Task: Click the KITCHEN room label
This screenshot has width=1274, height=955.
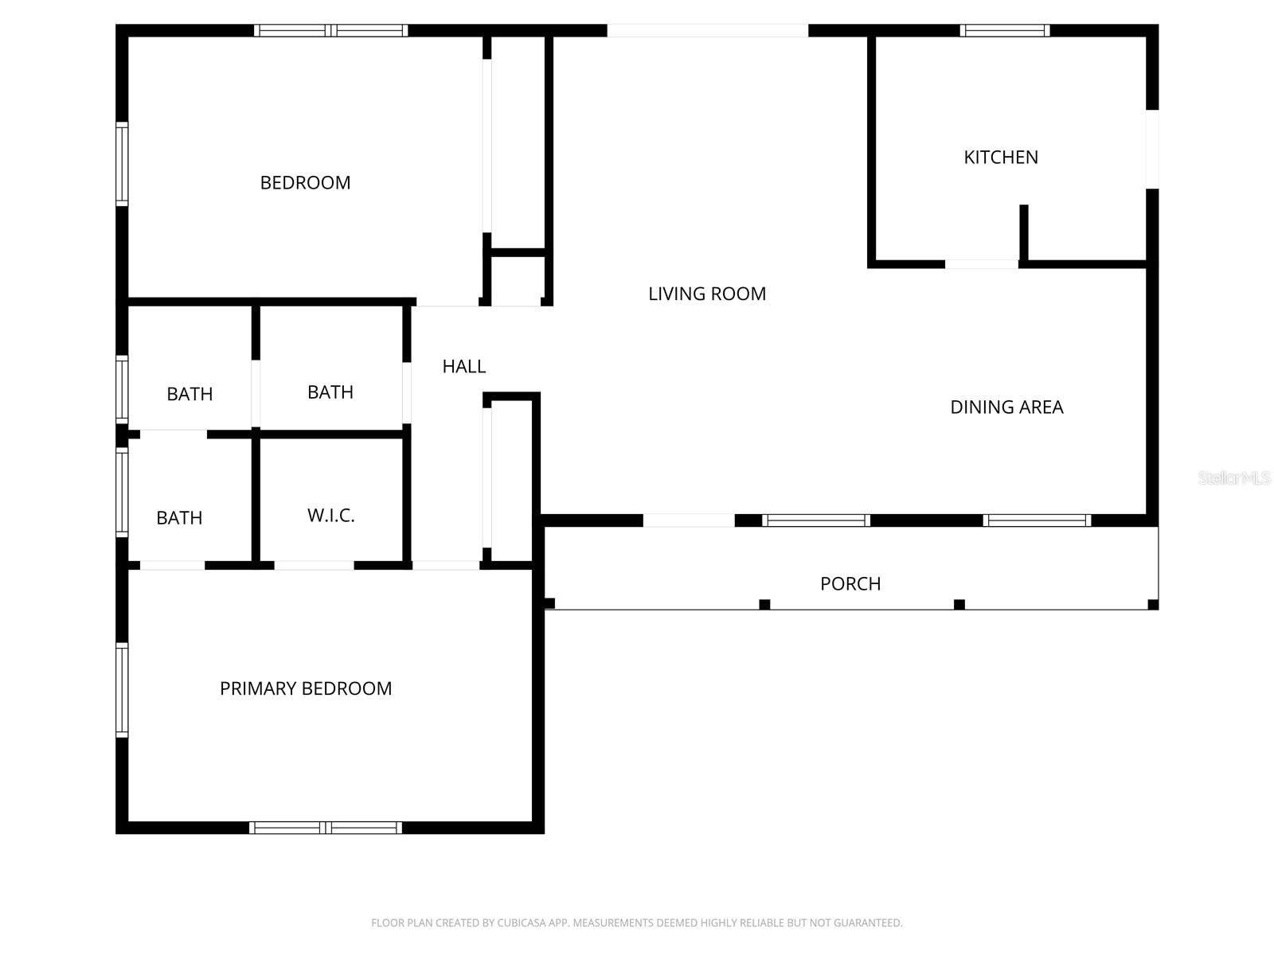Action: pos(1001,158)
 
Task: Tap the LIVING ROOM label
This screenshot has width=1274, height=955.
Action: pos(707,294)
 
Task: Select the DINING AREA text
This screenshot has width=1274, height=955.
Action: pos(1006,407)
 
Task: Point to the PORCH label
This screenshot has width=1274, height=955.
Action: pos(850,584)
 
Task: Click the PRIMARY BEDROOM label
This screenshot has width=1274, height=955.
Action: pos(306,688)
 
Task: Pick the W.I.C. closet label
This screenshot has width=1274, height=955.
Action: pos(330,516)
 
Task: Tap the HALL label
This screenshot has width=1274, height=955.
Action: pos(463,366)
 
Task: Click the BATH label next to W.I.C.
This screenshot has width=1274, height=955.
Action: pos(179,518)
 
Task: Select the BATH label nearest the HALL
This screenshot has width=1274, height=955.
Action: pos(330,392)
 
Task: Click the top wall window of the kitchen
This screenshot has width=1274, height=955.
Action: pos(1004,31)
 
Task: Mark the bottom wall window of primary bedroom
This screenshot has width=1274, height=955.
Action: pos(326,828)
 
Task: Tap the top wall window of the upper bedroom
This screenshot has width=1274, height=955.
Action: pos(331,31)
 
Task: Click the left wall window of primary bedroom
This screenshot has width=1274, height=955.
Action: pos(122,690)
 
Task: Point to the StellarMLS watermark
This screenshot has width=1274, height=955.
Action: pos(1233,478)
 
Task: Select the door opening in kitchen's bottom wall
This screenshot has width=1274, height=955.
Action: pos(981,263)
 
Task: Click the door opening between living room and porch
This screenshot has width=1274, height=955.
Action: pos(689,520)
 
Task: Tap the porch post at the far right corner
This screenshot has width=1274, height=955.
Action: pos(1153,605)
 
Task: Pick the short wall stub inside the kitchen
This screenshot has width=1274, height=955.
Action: pos(1024,232)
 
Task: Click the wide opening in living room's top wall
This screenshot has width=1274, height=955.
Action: pos(708,31)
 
